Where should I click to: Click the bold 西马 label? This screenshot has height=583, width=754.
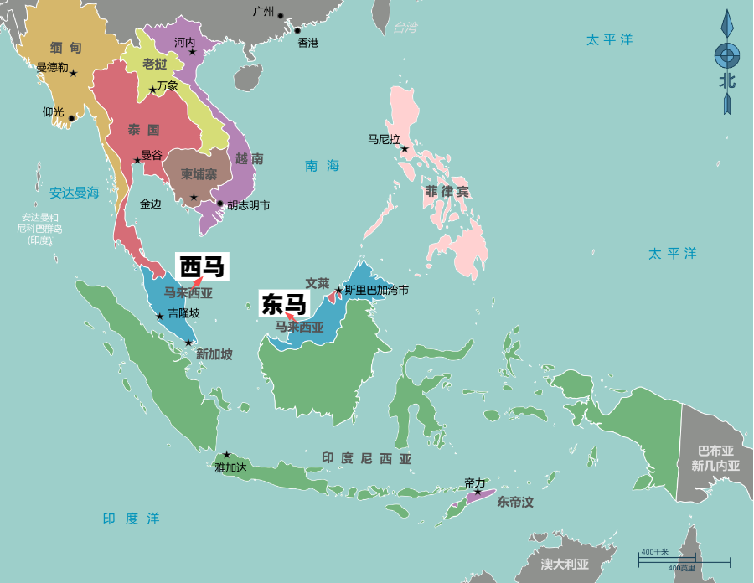pos(202,266)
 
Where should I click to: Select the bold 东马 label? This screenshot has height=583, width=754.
pos(284,304)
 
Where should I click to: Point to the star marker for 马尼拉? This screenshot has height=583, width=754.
pos(405,149)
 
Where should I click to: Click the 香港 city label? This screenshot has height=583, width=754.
pos(308,43)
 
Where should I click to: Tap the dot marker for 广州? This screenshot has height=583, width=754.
pos(281,16)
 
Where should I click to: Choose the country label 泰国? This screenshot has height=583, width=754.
pos(143,130)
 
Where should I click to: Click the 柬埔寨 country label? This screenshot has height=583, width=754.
pos(199,174)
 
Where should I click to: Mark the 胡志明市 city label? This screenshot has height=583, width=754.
pos(249,204)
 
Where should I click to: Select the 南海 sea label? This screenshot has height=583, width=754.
pos(322,166)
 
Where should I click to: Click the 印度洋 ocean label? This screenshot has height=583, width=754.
pos(131,519)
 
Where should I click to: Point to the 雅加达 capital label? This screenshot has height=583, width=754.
pos(230,467)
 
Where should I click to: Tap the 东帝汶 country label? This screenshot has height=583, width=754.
pos(514,503)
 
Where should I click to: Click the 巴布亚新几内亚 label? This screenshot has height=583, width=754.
pos(715,457)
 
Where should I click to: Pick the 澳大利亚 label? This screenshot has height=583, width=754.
pos(564,564)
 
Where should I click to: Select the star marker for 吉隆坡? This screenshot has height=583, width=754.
pos(160,316)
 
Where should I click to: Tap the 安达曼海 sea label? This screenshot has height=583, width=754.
pos(74,193)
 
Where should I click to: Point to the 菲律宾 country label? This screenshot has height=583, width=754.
pos(447,192)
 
